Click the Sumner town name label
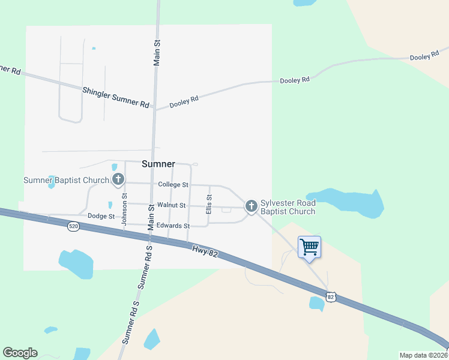158,164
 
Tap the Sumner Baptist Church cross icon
118,179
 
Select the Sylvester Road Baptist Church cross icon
251,206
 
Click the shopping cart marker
309,246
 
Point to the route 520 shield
73,226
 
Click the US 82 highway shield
331,296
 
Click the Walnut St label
171,205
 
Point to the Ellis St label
209,205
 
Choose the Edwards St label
173,226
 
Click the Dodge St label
101,216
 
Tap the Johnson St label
124,209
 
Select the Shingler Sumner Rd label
116,96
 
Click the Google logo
20,353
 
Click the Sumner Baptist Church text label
66,180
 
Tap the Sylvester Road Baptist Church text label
288,207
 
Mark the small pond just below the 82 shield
316,304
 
